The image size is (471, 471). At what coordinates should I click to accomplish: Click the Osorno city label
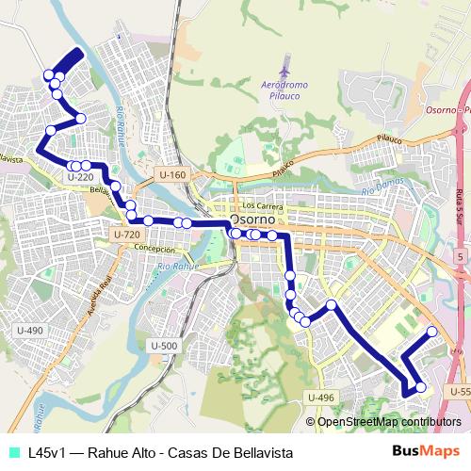247,222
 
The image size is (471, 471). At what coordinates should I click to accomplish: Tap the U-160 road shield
172,174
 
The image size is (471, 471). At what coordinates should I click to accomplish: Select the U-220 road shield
80,176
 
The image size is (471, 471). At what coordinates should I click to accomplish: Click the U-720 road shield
125,234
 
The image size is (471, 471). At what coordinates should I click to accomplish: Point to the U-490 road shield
29,331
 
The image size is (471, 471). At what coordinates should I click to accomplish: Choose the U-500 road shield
163,346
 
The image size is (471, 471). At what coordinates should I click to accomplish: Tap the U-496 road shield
320,398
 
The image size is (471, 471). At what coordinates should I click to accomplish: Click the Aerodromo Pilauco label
285,89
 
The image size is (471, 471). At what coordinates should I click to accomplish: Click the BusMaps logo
426,452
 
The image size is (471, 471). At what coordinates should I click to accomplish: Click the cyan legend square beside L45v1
13,452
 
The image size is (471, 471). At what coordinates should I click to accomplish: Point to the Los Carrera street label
262,205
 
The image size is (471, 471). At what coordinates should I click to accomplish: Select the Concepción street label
154,249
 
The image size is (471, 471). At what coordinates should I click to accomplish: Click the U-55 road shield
460,391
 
